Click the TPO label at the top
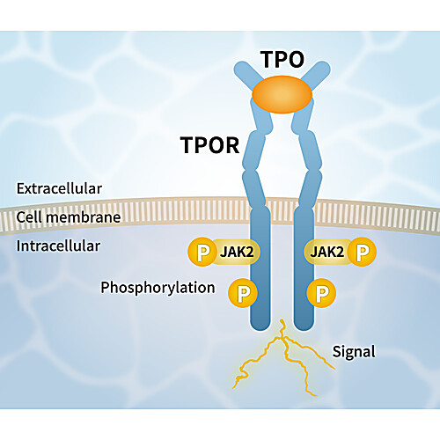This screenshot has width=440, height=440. tap(282, 60)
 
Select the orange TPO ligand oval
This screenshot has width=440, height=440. tap(282, 94)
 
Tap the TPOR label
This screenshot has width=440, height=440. tap(209, 145)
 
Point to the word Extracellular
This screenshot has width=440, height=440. tap(59, 188)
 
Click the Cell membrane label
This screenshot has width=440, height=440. tap(69, 217)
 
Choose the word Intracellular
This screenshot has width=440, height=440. tap(58, 246)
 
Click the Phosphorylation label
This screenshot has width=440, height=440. tap(158, 288)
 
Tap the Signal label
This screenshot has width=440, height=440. tap(354, 352)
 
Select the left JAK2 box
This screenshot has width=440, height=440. tap(236, 252)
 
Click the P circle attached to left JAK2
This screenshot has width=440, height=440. tap(202, 252)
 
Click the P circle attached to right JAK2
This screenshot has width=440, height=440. tap(362, 252)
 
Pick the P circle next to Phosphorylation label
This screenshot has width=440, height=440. tap(243, 293)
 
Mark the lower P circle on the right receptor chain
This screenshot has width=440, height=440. tap(321, 293)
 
